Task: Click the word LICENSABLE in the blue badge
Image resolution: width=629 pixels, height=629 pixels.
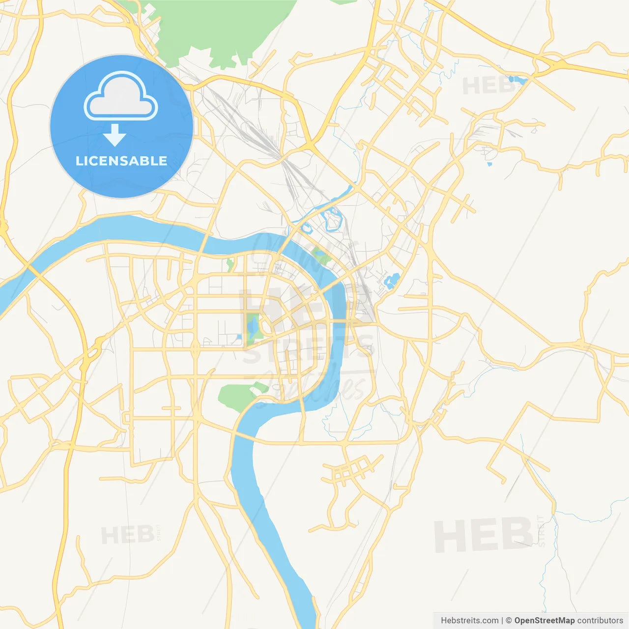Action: tap(121, 161)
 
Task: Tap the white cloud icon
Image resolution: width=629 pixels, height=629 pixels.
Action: tap(121, 97)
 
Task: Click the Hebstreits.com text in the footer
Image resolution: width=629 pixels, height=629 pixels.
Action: tap(469, 621)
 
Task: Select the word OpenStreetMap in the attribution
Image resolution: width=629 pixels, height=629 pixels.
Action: tap(544, 621)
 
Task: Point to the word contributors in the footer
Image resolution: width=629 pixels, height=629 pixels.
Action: tap(600, 621)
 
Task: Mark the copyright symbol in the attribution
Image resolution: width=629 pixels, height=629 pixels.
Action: tap(509, 621)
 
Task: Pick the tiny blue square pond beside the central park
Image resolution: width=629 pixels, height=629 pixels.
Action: tap(239, 337)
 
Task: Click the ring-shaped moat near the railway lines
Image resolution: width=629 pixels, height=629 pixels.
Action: tap(332, 219)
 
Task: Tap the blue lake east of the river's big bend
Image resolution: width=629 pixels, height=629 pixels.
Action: tap(392, 281)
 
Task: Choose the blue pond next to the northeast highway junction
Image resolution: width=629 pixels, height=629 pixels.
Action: tap(517, 79)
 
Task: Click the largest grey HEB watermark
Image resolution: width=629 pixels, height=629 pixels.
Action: tap(484, 535)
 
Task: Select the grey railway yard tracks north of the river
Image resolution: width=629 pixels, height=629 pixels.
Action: tap(256, 133)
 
